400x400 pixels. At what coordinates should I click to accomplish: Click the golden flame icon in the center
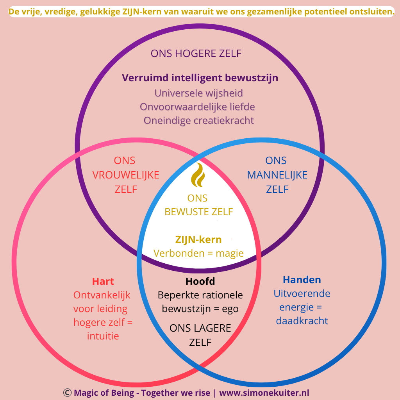pyautogui.click(x=198, y=175)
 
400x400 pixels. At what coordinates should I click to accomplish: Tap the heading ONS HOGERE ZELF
pyautogui.click(x=196, y=54)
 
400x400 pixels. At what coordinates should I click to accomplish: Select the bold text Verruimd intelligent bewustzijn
pyautogui.click(x=200, y=78)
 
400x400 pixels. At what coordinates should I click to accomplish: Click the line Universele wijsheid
pyautogui.click(x=198, y=93)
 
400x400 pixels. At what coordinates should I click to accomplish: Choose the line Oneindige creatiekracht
pyautogui.click(x=198, y=120)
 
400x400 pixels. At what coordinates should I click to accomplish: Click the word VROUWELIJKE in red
pyautogui.click(x=126, y=175)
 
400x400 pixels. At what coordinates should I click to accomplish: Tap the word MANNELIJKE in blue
pyautogui.click(x=277, y=175)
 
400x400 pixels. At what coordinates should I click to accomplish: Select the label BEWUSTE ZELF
pyautogui.click(x=198, y=212)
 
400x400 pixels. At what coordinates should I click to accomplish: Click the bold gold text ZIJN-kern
pyautogui.click(x=198, y=239)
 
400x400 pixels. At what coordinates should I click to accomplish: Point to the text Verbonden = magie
pyautogui.click(x=198, y=253)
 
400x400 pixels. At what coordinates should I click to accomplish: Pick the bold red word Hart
pyautogui.click(x=103, y=281)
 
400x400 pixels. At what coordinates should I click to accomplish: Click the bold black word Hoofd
pyautogui.click(x=200, y=281)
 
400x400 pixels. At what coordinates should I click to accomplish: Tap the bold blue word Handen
pyautogui.click(x=302, y=280)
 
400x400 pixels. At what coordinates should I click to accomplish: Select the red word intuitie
pyautogui.click(x=103, y=336)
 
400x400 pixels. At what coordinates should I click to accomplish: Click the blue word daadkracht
pyautogui.click(x=302, y=321)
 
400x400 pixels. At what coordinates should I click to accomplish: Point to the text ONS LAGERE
pyautogui.click(x=200, y=328)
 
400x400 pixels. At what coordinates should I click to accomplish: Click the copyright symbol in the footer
pyautogui.click(x=67, y=393)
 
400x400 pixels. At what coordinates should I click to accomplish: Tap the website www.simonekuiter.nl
pyautogui.click(x=264, y=393)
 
